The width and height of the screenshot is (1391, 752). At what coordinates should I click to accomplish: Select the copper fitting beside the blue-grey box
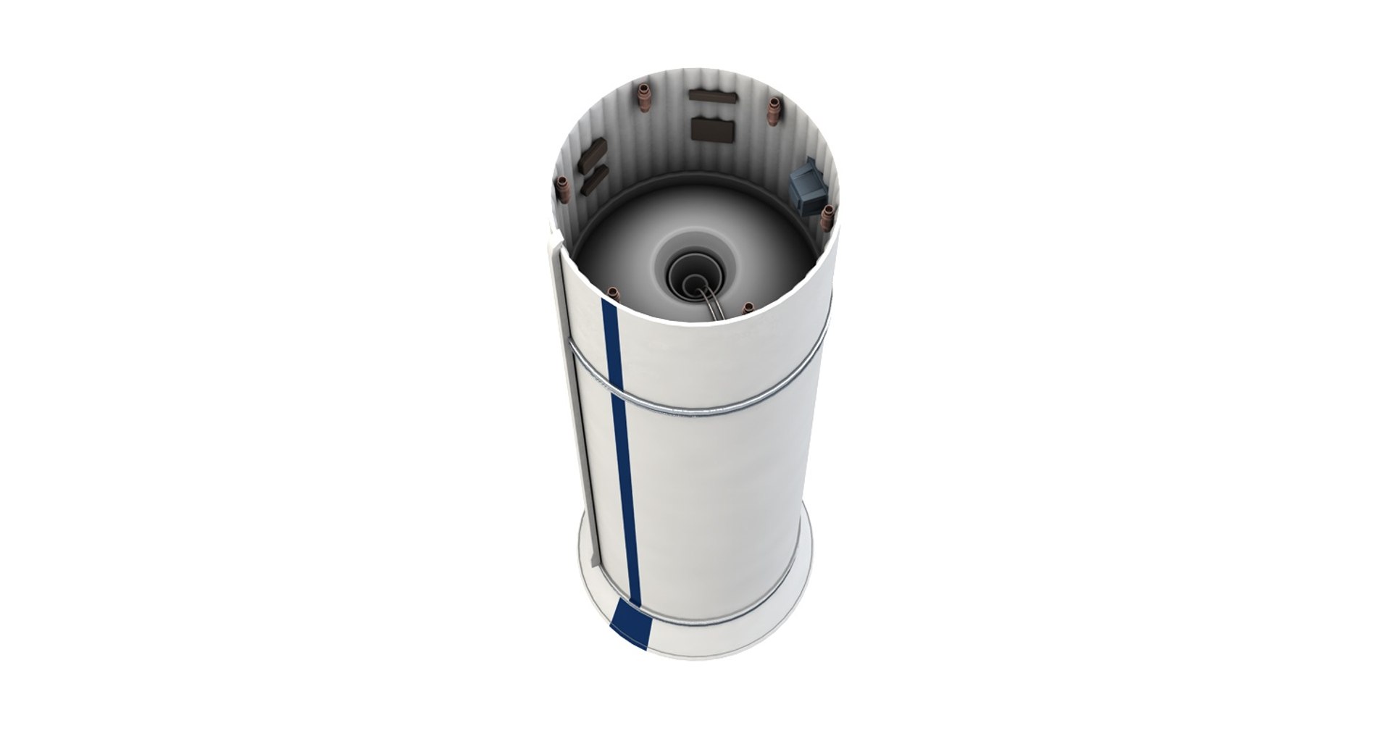pyautogui.click(x=829, y=216)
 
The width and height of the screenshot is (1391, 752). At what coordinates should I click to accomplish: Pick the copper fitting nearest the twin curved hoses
pyautogui.click(x=748, y=309)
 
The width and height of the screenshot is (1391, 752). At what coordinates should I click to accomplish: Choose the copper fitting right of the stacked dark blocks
pyautogui.click(x=774, y=109)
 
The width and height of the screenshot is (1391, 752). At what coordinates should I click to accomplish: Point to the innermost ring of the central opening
pyautogui.click(x=692, y=279)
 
